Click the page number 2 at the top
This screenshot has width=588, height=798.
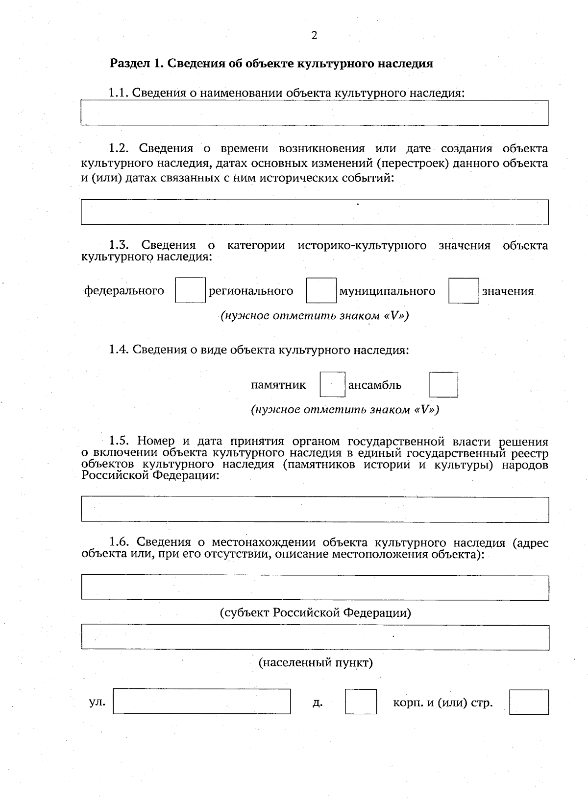point(314,35)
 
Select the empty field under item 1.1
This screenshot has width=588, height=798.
point(314,113)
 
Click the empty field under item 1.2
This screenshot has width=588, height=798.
point(314,212)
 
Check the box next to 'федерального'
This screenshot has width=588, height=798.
point(190,290)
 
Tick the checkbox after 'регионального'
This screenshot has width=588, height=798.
point(321,290)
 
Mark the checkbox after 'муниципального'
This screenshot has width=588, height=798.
point(463,290)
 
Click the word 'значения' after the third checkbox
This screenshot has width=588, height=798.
point(508,291)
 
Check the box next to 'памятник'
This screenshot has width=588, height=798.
point(332,384)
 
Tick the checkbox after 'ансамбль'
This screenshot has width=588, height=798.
point(443,384)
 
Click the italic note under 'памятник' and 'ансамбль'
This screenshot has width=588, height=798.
point(345,409)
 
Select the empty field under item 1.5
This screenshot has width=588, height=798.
point(315,510)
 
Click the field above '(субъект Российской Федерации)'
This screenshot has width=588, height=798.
point(315,587)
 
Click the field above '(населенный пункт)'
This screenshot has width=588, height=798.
point(315,637)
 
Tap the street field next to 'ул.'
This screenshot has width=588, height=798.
point(201,702)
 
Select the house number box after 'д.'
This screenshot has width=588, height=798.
point(361,702)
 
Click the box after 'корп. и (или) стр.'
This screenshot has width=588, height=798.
point(529,702)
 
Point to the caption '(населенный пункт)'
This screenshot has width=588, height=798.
point(316,663)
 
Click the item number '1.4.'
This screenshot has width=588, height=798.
point(119,350)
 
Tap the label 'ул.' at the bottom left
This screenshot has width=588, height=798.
point(97,702)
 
